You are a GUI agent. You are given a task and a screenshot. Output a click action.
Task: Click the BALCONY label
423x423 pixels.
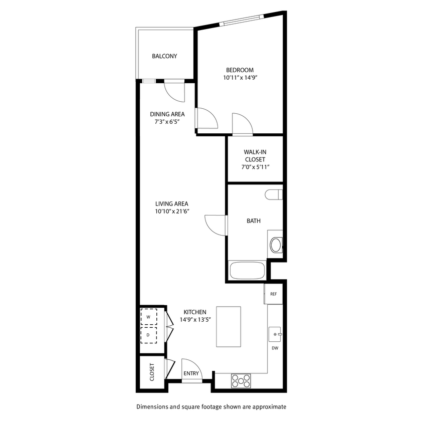164,56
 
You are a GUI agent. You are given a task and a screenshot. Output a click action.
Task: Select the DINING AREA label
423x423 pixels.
167,114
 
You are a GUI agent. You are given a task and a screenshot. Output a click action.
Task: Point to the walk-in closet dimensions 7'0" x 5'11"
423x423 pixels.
254,167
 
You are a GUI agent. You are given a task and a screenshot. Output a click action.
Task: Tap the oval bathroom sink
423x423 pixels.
276,245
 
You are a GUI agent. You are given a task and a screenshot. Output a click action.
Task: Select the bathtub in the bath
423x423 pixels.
247,271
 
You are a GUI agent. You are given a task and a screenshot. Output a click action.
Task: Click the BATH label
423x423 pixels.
253,221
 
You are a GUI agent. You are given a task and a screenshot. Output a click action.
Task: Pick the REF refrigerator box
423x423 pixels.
273,294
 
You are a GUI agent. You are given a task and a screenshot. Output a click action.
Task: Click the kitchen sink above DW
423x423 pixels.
275,333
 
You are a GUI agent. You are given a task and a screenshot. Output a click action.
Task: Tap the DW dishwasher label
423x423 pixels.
275,348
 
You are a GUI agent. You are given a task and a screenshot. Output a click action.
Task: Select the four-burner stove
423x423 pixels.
241,381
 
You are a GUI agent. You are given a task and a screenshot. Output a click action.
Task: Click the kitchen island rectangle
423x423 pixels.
229,327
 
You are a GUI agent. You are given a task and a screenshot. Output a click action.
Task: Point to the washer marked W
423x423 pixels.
148,317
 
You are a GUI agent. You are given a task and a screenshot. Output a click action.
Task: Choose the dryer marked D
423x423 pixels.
148,334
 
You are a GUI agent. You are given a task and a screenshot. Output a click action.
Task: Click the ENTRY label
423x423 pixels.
191,373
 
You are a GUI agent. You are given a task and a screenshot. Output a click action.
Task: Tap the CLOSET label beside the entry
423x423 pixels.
152,372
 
